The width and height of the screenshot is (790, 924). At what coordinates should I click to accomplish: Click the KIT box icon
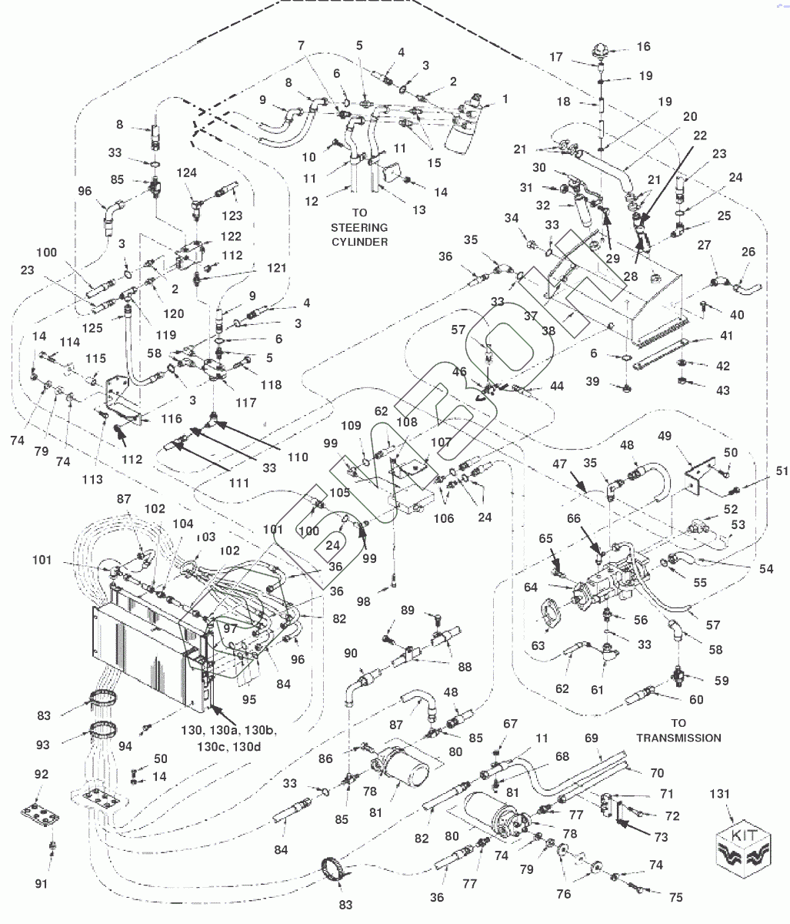[744, 852]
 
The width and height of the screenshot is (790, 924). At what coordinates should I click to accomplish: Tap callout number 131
[719, 794]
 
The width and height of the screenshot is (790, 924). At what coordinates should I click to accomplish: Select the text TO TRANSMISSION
[678, 731]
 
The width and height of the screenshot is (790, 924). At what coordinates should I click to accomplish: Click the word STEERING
[359, 228]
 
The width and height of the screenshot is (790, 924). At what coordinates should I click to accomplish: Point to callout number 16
[643, 46]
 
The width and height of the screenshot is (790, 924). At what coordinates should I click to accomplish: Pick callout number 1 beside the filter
[505, 99]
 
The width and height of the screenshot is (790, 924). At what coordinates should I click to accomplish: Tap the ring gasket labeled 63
[551, 614]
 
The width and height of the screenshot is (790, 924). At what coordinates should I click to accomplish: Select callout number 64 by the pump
[531, 587]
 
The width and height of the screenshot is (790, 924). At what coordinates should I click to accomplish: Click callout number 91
[41, 883]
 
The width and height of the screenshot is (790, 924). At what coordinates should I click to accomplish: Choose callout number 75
[675, 897]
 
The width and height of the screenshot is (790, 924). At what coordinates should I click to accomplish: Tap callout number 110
[298, 457]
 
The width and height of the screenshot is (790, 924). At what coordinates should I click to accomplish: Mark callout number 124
[186, 172]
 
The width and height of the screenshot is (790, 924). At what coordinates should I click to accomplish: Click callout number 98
[364, 601]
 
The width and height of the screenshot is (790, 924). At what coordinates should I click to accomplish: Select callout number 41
[726, 335]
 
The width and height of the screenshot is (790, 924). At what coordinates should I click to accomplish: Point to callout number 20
[690, 117]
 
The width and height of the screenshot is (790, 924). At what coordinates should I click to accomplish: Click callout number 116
[172, 418]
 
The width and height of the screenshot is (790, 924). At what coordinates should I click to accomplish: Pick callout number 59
[722, 681]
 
